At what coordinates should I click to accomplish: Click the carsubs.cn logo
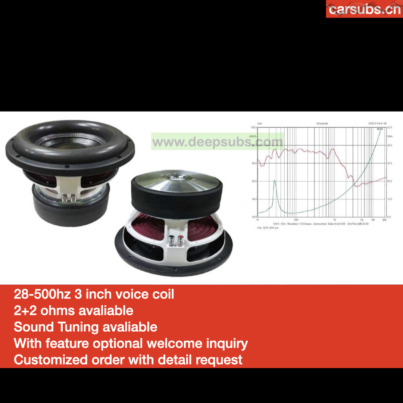365,9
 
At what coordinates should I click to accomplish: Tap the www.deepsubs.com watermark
218,142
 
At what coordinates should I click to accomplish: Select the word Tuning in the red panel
78,327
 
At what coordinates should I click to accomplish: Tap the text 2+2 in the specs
25,310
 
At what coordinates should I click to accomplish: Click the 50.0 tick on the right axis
390,128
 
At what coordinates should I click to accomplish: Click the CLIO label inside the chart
380,129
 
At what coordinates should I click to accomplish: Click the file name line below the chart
268,227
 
